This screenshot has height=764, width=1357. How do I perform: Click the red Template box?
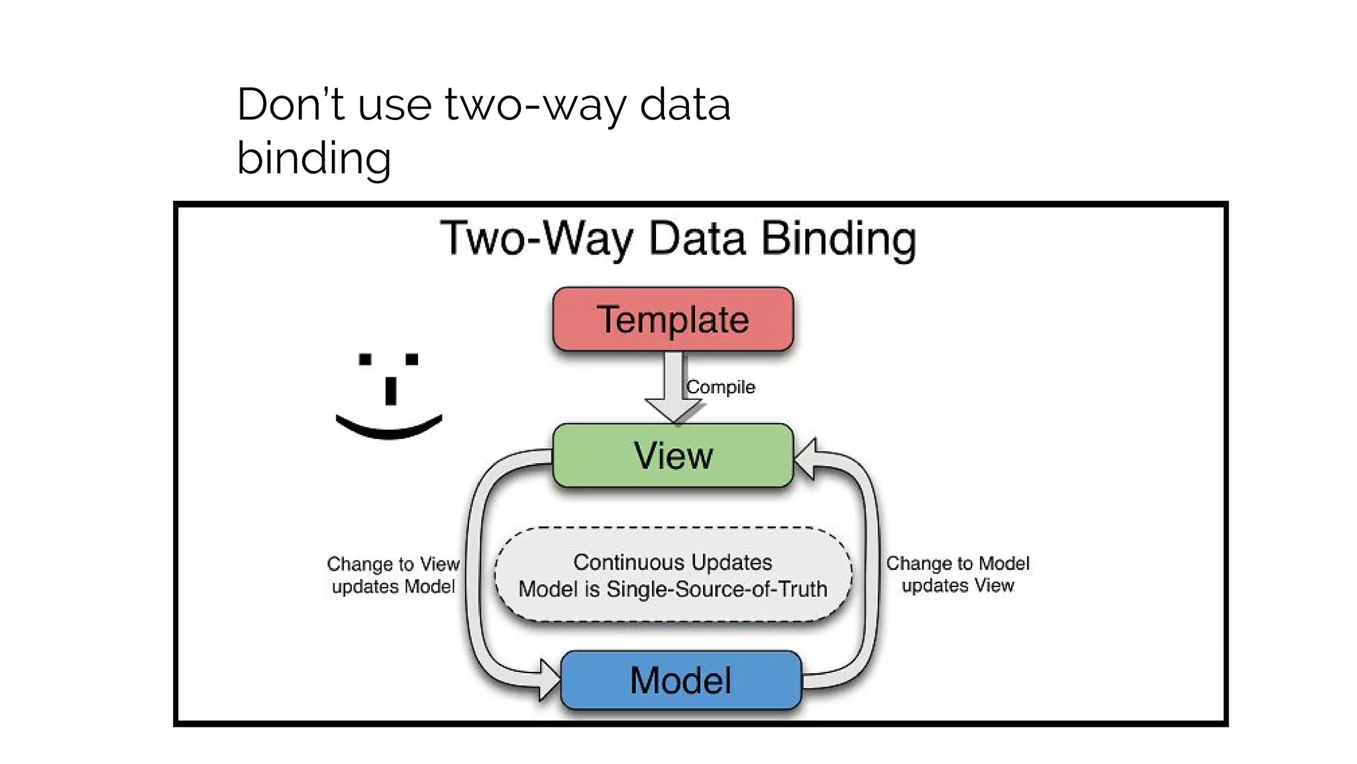(x=673, y=319)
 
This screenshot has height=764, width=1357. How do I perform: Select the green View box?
(x=673, y=456)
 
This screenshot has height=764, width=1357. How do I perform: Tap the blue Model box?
(x=680, y=680)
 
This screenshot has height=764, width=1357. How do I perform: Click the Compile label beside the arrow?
(x=720, y=387)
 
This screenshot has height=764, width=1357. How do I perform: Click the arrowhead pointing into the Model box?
(x=549, y=680)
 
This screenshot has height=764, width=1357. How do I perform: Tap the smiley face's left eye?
(x=365, y=359)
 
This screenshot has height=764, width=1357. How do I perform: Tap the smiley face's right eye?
(x=411, y=359)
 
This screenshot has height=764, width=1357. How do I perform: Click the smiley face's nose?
(x=391, y=391)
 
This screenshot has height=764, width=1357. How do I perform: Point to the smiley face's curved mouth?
(x=389, y=429)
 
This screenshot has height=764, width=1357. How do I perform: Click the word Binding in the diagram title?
(x=839, y=239)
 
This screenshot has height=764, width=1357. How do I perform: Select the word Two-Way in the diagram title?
(x=537, y=239)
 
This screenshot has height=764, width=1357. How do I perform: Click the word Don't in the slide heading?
(x=290, y=105)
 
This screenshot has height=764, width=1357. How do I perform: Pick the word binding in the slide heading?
(x=313, y=159)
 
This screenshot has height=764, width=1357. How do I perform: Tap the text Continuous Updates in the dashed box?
(x=673, y=562)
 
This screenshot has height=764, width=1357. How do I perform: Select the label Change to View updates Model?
(x=393, y=575)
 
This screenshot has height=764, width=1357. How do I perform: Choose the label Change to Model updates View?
(x=957, y=574)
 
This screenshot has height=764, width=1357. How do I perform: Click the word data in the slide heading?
(x=684, y=105)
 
